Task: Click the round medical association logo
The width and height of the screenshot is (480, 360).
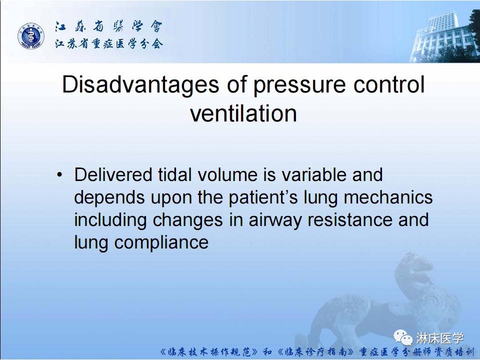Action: [30, 36]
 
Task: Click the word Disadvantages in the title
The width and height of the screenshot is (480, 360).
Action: [140, 85]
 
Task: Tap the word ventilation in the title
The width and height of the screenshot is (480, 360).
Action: [243, 113]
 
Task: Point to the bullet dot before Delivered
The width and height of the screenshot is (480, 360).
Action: [59, 175]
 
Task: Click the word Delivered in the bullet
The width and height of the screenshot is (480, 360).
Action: [113, 174]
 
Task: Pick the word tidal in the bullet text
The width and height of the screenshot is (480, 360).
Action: [174, 174]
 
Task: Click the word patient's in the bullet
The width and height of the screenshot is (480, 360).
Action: [263, 198]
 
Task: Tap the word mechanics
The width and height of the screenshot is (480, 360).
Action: [388, 197]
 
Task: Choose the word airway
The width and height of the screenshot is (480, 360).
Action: [275, 220]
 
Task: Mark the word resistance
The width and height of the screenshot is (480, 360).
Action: [349, 220]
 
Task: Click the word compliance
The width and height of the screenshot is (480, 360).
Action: [161, 243]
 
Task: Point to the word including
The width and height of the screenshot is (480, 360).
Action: [110, 220]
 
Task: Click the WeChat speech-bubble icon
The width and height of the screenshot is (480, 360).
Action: [403, 337]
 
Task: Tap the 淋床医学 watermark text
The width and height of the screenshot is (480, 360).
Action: [440, 338]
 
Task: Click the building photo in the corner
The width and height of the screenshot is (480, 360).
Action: [444, 35]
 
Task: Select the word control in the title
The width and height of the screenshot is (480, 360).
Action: [389, 84]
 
